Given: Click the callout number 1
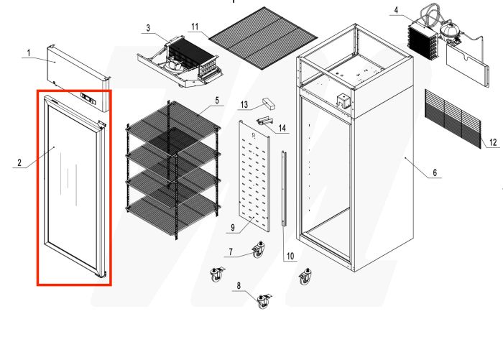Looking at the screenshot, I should click(x=28, y=53).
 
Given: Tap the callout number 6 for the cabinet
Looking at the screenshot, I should click(x=434, y=173).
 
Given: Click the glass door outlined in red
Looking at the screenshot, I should click(x=72, y=187).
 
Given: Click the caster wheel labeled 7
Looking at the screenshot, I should click(x=255, y=251).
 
